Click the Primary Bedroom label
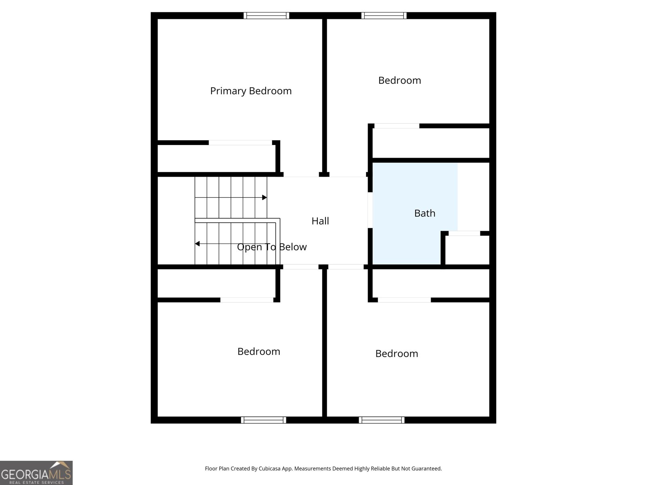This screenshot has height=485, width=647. point(251,91)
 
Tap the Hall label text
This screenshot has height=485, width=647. point(320,221)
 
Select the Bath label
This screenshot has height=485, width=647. point(425,213)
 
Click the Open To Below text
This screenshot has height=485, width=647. point(272,247)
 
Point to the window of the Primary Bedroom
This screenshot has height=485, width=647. point(266,16)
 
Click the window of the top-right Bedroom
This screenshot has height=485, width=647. point(384,16)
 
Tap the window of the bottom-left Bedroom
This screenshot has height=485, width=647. point(264,420)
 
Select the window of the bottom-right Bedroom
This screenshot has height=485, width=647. point(381,420)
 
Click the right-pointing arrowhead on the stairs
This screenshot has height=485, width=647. point(264,197)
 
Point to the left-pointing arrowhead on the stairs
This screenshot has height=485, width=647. point(197,244)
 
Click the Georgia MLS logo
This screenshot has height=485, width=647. point(36,473)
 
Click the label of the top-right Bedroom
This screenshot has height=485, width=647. point(400,80)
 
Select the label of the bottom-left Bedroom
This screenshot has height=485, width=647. point(258,352)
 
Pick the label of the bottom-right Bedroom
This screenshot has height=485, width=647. point(396,354)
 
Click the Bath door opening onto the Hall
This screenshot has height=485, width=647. point(370,210)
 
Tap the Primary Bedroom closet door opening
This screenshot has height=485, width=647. point(240,143)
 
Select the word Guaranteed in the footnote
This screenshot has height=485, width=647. point(427,468)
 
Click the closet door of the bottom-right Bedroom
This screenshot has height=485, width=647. point(404,300)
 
